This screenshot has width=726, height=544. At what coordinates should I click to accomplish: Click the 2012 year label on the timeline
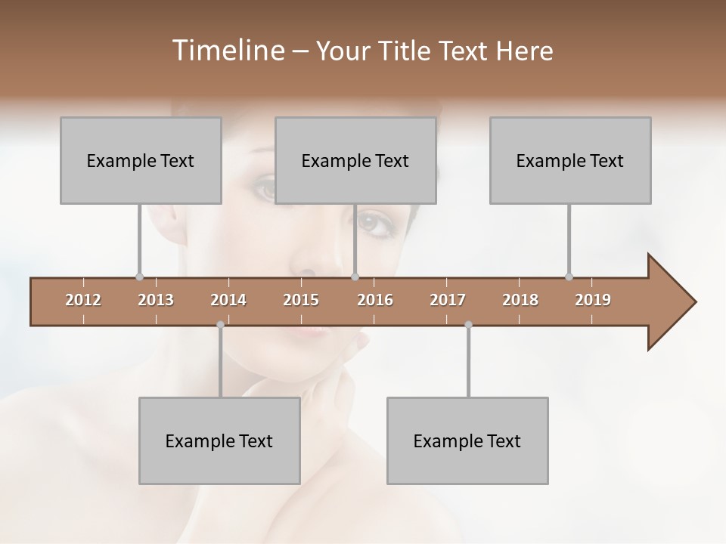[x=83, y=300]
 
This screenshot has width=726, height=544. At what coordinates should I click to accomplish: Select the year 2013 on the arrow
[x=156, y=300]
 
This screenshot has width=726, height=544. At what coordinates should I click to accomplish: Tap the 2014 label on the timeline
[x=228, y=300]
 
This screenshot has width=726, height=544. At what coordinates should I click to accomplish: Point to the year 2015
[x=301, y=300]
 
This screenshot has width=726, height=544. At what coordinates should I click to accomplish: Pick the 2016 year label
[x=375, y=300]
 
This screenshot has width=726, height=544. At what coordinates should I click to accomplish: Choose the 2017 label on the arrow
[x=448, y=300]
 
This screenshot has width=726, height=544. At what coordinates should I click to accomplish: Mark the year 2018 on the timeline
[x=520, y=300]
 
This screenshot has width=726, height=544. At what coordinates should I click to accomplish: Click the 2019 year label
[x=593, y=300]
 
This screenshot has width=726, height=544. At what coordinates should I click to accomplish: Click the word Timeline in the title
[x=227, y=51]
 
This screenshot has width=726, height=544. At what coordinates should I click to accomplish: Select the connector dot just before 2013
[x=139, y=277]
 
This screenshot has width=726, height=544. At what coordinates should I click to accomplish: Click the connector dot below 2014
[x=220, y=325]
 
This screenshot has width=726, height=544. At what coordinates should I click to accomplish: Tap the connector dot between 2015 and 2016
[x=355, y=277]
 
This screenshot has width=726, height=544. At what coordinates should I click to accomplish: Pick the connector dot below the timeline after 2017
[x=468, y=325]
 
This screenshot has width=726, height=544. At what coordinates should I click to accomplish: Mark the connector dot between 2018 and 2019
[x=569, y=277]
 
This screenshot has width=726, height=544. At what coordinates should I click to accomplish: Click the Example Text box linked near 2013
[x=141, y=160]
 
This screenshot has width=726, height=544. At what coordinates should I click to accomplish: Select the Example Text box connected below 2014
[x=219, y=440]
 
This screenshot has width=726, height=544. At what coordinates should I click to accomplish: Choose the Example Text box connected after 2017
[x=467, y=440]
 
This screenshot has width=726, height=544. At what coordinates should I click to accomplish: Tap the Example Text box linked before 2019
[x=570, y=160]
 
